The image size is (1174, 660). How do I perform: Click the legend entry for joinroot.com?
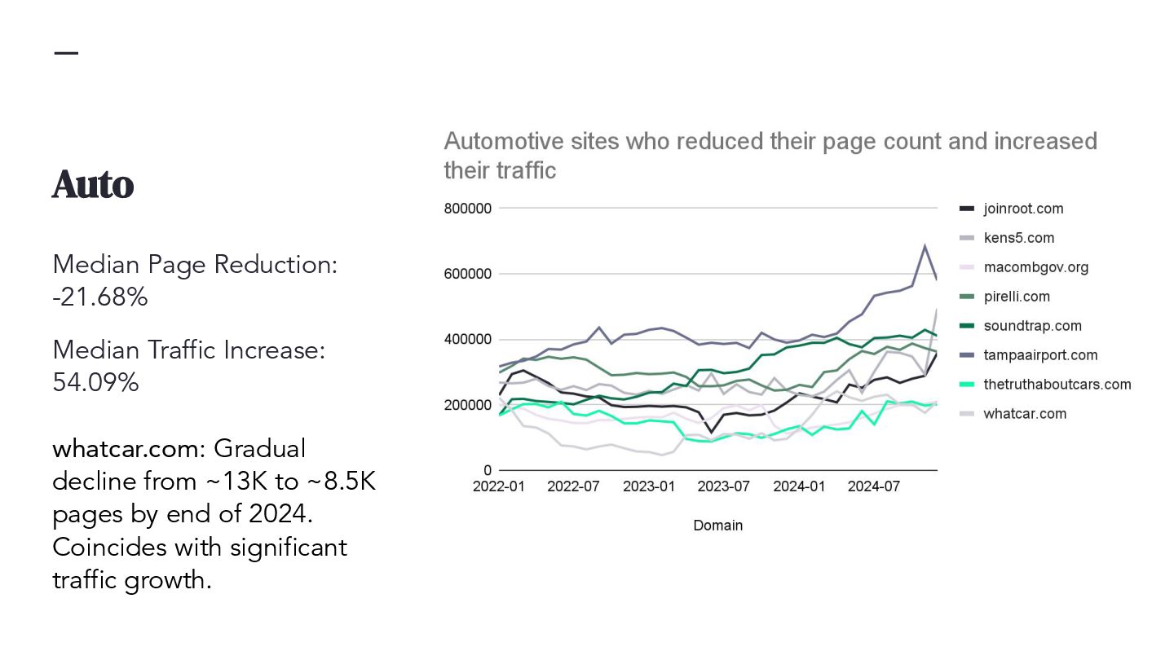[x=1023, y=209]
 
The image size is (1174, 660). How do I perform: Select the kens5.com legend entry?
[x=1018, y=238]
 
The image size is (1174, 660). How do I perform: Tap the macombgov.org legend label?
[x=1035, y=267]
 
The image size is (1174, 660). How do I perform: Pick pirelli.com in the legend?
[x=1017, y=297]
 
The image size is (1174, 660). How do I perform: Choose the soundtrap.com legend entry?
[x=1032, y=326]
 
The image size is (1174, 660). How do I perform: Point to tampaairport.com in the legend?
[x=1040, y=355]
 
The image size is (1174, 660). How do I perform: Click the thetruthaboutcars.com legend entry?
[x=1057, y=385]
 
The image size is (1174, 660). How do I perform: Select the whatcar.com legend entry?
[x=1025, y=414]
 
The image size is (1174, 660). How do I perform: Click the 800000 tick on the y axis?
[x=468, y=209]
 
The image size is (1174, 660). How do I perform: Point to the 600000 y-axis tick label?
[x=468, y=275]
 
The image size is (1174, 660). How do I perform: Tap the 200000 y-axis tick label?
[x=468, y=405]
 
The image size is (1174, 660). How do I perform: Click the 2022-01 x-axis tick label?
[x=499, y=487]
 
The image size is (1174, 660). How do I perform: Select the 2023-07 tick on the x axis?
[x=724, y=487]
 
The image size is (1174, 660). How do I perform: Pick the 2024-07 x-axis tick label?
[x=874, y=487]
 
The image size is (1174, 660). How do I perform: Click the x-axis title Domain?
[x=717, y=526]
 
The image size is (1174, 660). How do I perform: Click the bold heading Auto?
[x=93, y=185]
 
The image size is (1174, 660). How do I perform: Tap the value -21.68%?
[x=100, y=297]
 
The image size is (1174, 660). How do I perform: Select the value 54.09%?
[x=95, y=382]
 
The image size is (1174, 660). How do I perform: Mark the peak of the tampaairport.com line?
[x=925, y=245]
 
